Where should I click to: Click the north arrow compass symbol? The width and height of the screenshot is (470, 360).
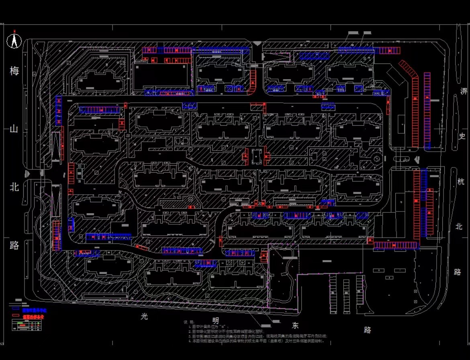pos(14,40)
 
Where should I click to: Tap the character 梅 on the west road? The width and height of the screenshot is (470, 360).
pos(14,71)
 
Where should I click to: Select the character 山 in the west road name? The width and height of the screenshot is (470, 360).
pos(14,129)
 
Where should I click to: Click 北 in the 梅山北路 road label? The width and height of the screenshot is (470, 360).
pos(14,187)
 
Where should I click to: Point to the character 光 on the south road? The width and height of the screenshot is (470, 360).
pos(145,316)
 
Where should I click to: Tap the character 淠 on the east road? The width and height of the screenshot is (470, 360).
pos(464,92)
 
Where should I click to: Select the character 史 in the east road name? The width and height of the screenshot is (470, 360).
pos(462,136)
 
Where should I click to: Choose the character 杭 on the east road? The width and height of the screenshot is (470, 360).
pos(460,181)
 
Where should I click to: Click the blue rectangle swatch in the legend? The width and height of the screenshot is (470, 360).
pos(16,309)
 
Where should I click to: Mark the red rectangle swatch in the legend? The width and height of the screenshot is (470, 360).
pos(16,316)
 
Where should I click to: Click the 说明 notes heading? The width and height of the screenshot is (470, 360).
pos(188,322)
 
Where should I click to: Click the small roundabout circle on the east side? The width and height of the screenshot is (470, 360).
pos(376,158)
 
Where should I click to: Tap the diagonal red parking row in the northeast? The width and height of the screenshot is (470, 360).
pos(408,69)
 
